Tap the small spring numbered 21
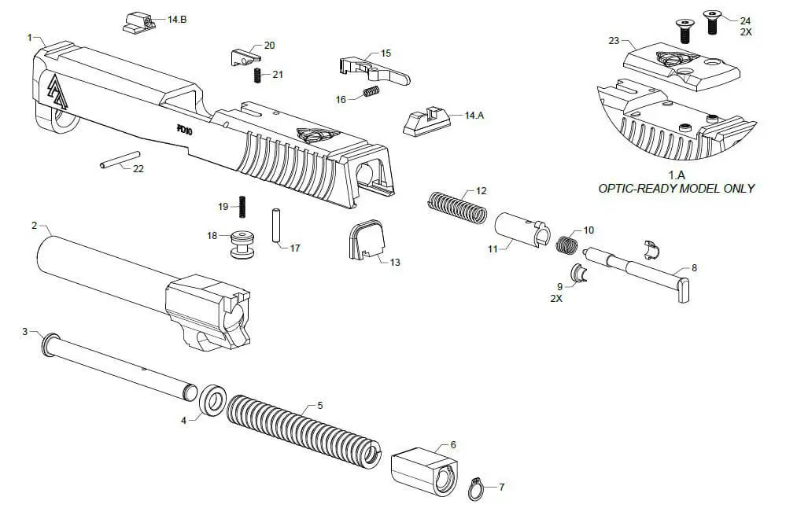pos(256,75)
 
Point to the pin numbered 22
pos(116,165)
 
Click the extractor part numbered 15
pos(374,68)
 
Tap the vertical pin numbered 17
pos(276,226)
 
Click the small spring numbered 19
pos(242,206)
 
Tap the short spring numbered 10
pos(566,243)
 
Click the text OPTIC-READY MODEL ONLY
pos(676,189)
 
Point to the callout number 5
pos(319,406)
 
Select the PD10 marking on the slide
pos(185,130)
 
